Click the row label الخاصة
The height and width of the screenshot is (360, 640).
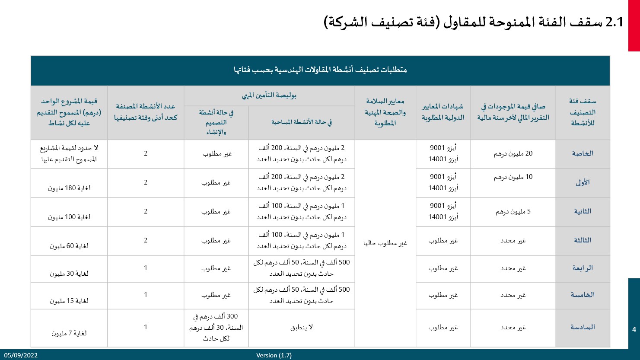pos(583,153)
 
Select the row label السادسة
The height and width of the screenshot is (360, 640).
pos(583,327)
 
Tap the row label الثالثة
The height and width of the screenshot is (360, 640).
pos(583,240)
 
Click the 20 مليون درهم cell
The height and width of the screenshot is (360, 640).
pos(513,153)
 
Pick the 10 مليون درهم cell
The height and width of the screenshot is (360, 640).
pos(513,177)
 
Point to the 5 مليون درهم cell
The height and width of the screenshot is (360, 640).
pos(513,211)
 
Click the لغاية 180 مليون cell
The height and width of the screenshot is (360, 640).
pos(69,188)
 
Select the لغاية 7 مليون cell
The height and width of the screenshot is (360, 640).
pos(69,333)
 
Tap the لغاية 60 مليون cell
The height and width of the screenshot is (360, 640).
pos(69,246)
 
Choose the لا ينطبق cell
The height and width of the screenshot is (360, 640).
pos(301,327)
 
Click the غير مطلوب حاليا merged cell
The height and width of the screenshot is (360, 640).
pos(385,243)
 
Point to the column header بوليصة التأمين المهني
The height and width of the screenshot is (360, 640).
pos(269,96)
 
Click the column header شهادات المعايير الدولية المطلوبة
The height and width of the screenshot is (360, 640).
pos(443,112)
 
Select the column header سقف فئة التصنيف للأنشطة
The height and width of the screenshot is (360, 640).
pos(583,112)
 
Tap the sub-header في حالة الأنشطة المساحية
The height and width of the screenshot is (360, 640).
pos(301,122)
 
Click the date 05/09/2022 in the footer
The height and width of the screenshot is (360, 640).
pos(21,355)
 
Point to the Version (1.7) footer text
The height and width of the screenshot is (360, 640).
pos(274,355)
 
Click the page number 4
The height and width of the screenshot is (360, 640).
pos(634,329)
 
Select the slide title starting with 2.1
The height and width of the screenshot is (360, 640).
pos(474,22)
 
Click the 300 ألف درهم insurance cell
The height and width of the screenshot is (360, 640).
pos(216,327)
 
